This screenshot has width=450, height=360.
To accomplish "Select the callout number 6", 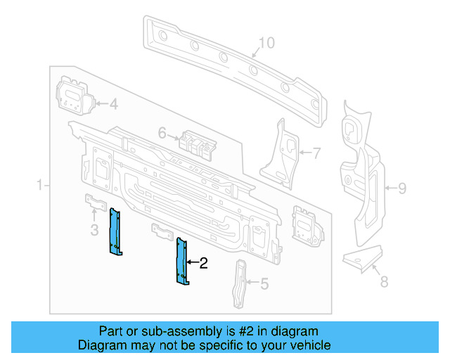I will point(162,132).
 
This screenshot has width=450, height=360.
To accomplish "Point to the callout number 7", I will point(316,151).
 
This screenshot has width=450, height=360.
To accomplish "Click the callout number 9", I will point(402,188).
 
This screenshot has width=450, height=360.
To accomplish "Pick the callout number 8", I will point(384,282).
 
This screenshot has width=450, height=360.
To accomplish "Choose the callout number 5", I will point(264,284).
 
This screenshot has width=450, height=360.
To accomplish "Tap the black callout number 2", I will point(204,264).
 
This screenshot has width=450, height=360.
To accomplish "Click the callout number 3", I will point(94,230).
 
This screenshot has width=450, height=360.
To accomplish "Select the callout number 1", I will point(40,186).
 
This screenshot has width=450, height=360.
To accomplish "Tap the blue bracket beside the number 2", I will point(181,261).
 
